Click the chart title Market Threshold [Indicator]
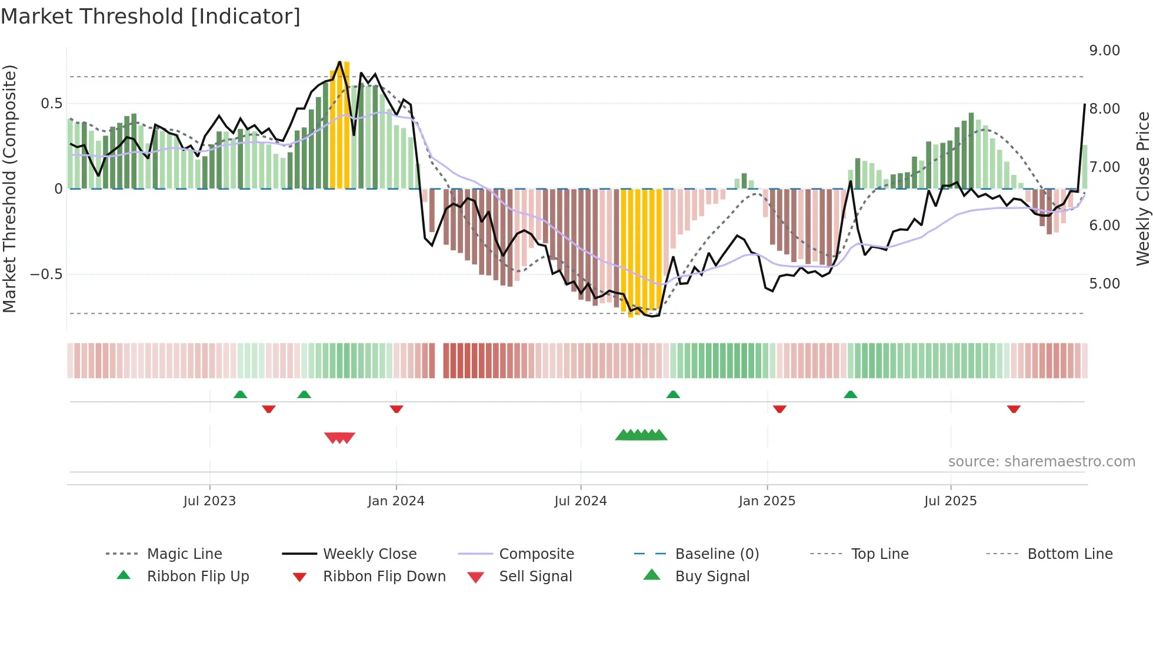point(151,16)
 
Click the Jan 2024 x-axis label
point(396,501)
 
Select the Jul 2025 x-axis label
point(950,501)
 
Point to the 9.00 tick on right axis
point(1104,51)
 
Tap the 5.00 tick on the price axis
point(1104,284)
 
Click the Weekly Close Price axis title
point(1142,188)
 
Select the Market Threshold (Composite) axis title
point(9,188)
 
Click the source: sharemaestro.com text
point(1041,462)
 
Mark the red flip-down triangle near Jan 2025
point(779,409)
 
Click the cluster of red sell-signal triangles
point(340,438)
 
